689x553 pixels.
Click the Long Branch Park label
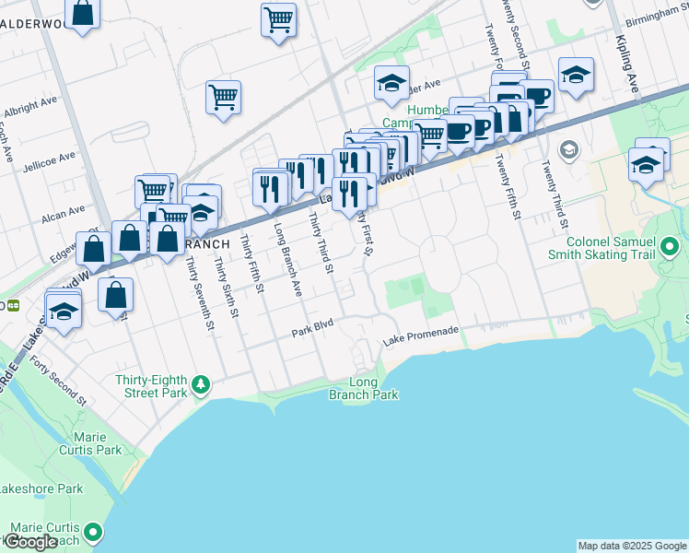363,388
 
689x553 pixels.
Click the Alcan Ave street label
64,216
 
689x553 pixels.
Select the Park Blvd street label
312,330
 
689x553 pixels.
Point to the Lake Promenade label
420,343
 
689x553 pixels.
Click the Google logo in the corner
29,541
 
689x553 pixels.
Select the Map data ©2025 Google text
631,546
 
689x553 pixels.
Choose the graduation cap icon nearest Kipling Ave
576,75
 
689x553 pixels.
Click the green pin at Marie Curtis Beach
92,532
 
